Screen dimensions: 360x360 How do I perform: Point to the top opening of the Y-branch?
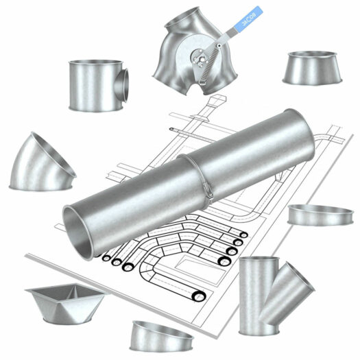click(259, 263)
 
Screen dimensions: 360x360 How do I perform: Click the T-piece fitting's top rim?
click(94, 63)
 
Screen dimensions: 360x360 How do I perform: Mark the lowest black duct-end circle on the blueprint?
click(198, 295)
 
